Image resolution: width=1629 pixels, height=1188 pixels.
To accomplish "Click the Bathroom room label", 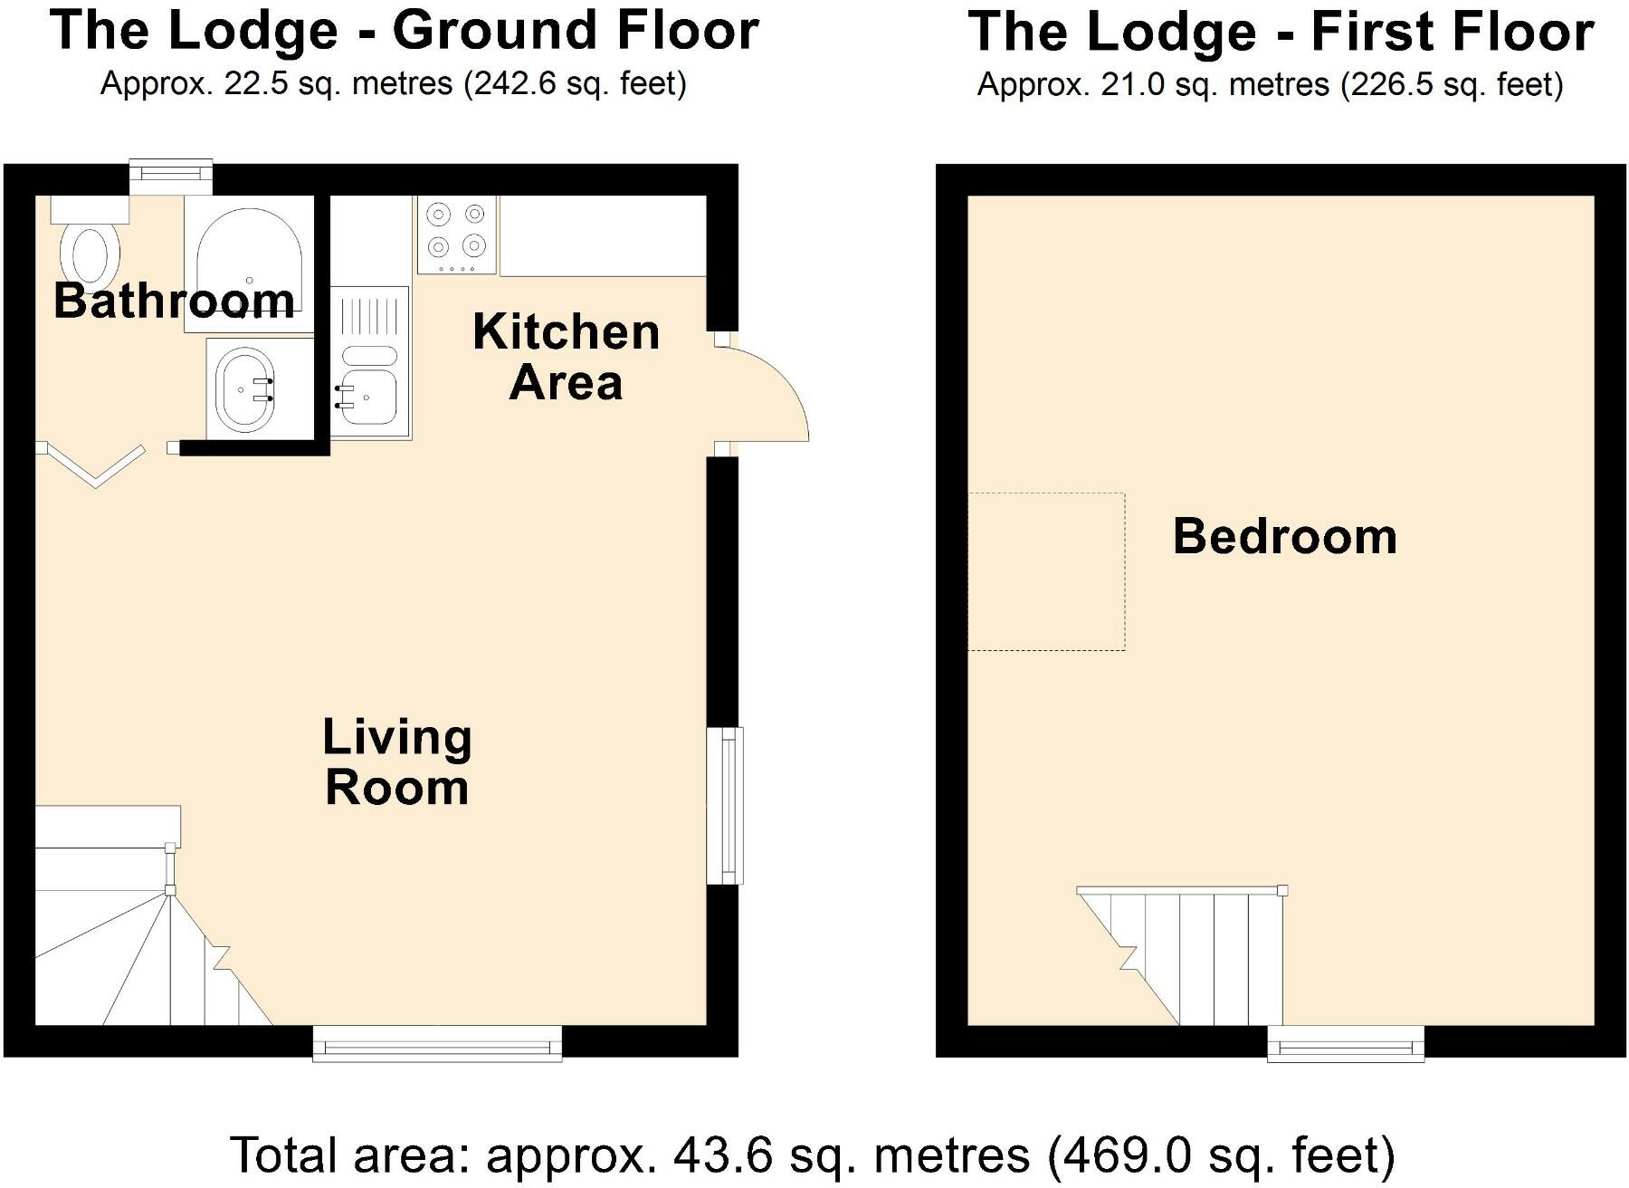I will tap(174, 301).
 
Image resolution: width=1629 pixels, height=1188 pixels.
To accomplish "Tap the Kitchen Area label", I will tap(566, 357).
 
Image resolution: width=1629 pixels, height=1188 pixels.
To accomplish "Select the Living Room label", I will tap(397, 762).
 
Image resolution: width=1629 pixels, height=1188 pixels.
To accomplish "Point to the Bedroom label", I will tap(1284, 536).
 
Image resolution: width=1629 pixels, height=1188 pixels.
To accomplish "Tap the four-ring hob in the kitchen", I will tap(456, 235).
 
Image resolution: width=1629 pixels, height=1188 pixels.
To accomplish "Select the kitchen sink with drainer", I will tap(370, 362).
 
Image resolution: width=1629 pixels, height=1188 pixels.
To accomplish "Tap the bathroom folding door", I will tap(92, 465).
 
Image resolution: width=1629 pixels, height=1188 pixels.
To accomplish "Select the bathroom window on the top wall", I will tap(171, 176).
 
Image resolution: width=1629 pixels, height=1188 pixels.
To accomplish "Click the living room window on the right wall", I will tap(725, 805).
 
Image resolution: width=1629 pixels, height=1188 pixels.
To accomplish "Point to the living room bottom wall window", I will tap(437, 1044).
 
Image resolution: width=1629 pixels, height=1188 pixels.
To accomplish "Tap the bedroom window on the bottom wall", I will tap(1346, 1044).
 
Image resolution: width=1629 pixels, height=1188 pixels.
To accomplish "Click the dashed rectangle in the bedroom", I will tap(1047, 571).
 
